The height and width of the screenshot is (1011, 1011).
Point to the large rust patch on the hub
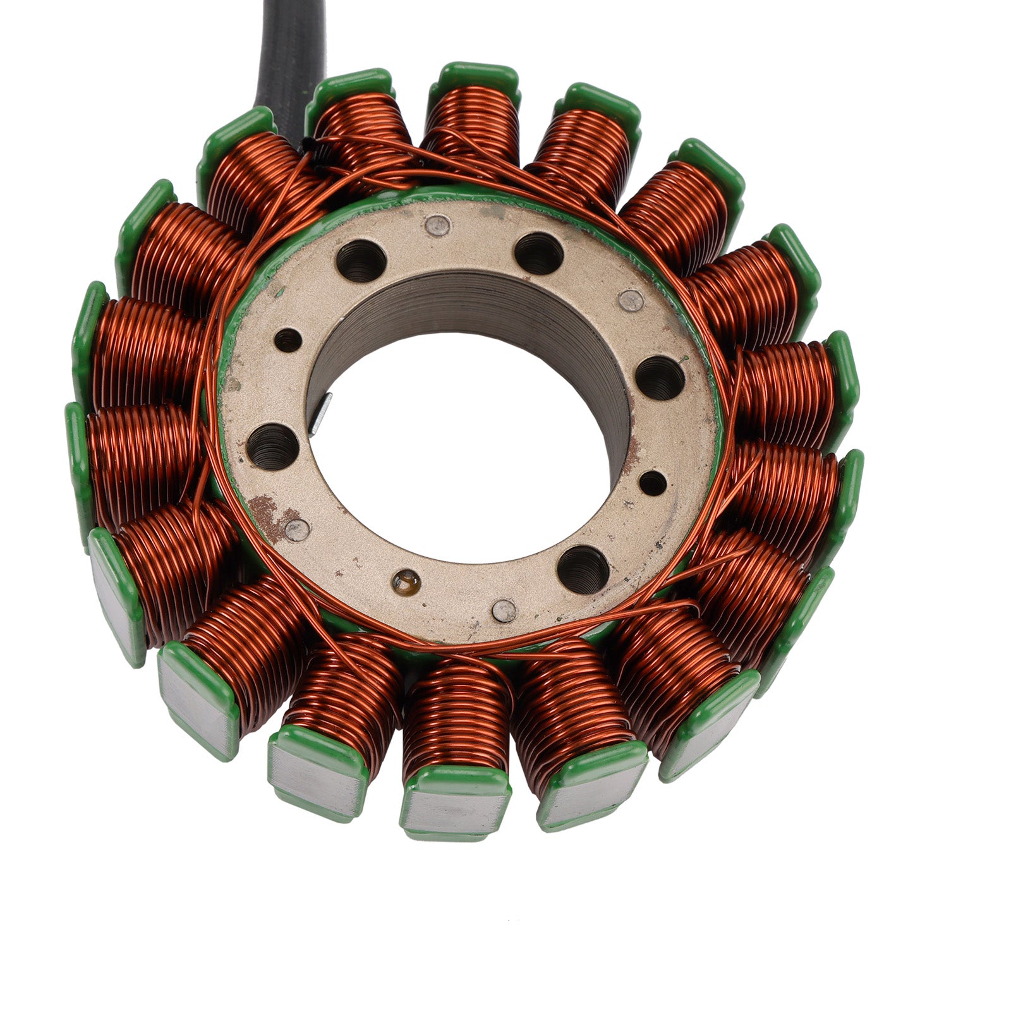click(x=269, y=515)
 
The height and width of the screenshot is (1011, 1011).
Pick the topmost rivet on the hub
click(x=437, y=224)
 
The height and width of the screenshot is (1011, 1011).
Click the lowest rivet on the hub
click(x=504, y=610)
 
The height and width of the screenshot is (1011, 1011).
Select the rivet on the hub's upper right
click(x=631, y=301)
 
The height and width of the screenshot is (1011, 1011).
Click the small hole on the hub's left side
click(x=288, y=341)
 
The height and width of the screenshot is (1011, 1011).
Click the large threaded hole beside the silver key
click(x=273, y=444)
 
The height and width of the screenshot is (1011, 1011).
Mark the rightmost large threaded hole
click(x=660, y=377)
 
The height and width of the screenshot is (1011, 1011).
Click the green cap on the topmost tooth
click(x=478, y=76)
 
